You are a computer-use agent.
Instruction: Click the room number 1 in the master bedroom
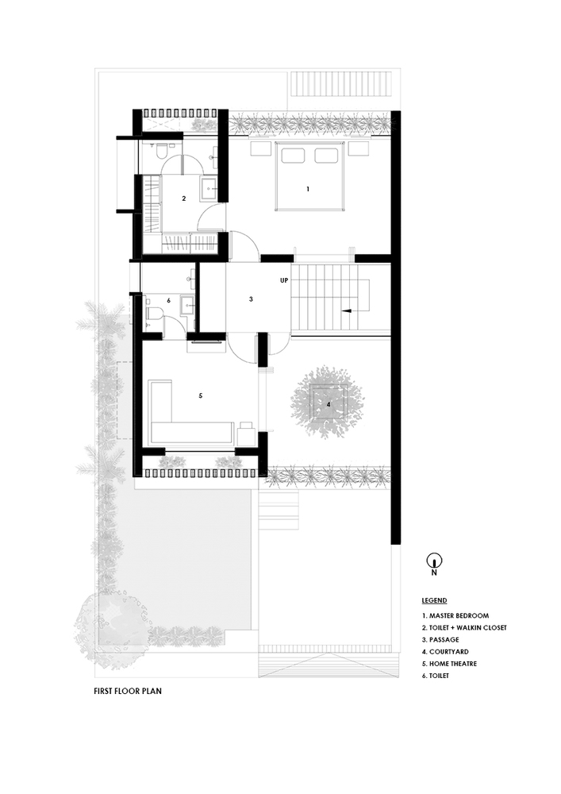point(308,189)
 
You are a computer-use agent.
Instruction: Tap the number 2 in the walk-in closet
point(183,198)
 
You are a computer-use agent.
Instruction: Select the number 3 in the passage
point(251,299)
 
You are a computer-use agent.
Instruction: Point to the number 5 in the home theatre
point(201,395)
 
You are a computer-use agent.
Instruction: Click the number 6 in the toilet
point(169,301)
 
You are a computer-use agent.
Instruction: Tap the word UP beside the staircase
point(283,281)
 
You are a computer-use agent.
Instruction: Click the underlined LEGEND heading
point(434,600)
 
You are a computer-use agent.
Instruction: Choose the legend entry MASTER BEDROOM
point(455,615)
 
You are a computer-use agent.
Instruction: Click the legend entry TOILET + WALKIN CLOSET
point(464,627)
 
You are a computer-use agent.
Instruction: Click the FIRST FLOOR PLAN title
point(127,691)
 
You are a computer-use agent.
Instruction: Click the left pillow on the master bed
point(292,156)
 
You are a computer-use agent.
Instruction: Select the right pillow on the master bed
point(326,156)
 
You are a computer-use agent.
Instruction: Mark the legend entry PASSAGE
point(441,639)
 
